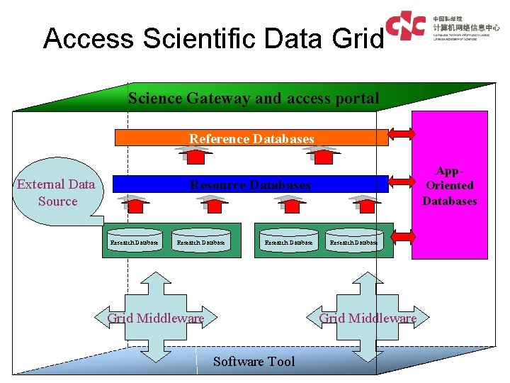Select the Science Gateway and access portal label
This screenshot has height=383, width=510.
254,99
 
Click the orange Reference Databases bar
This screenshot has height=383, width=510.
251,139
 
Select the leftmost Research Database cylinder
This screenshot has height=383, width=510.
134,243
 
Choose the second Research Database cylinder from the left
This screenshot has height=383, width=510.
200,243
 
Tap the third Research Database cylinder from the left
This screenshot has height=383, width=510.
288,243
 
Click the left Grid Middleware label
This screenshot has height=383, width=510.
155,318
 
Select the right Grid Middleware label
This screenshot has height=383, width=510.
368,318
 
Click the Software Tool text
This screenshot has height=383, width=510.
254,362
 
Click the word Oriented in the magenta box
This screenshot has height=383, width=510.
449,186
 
